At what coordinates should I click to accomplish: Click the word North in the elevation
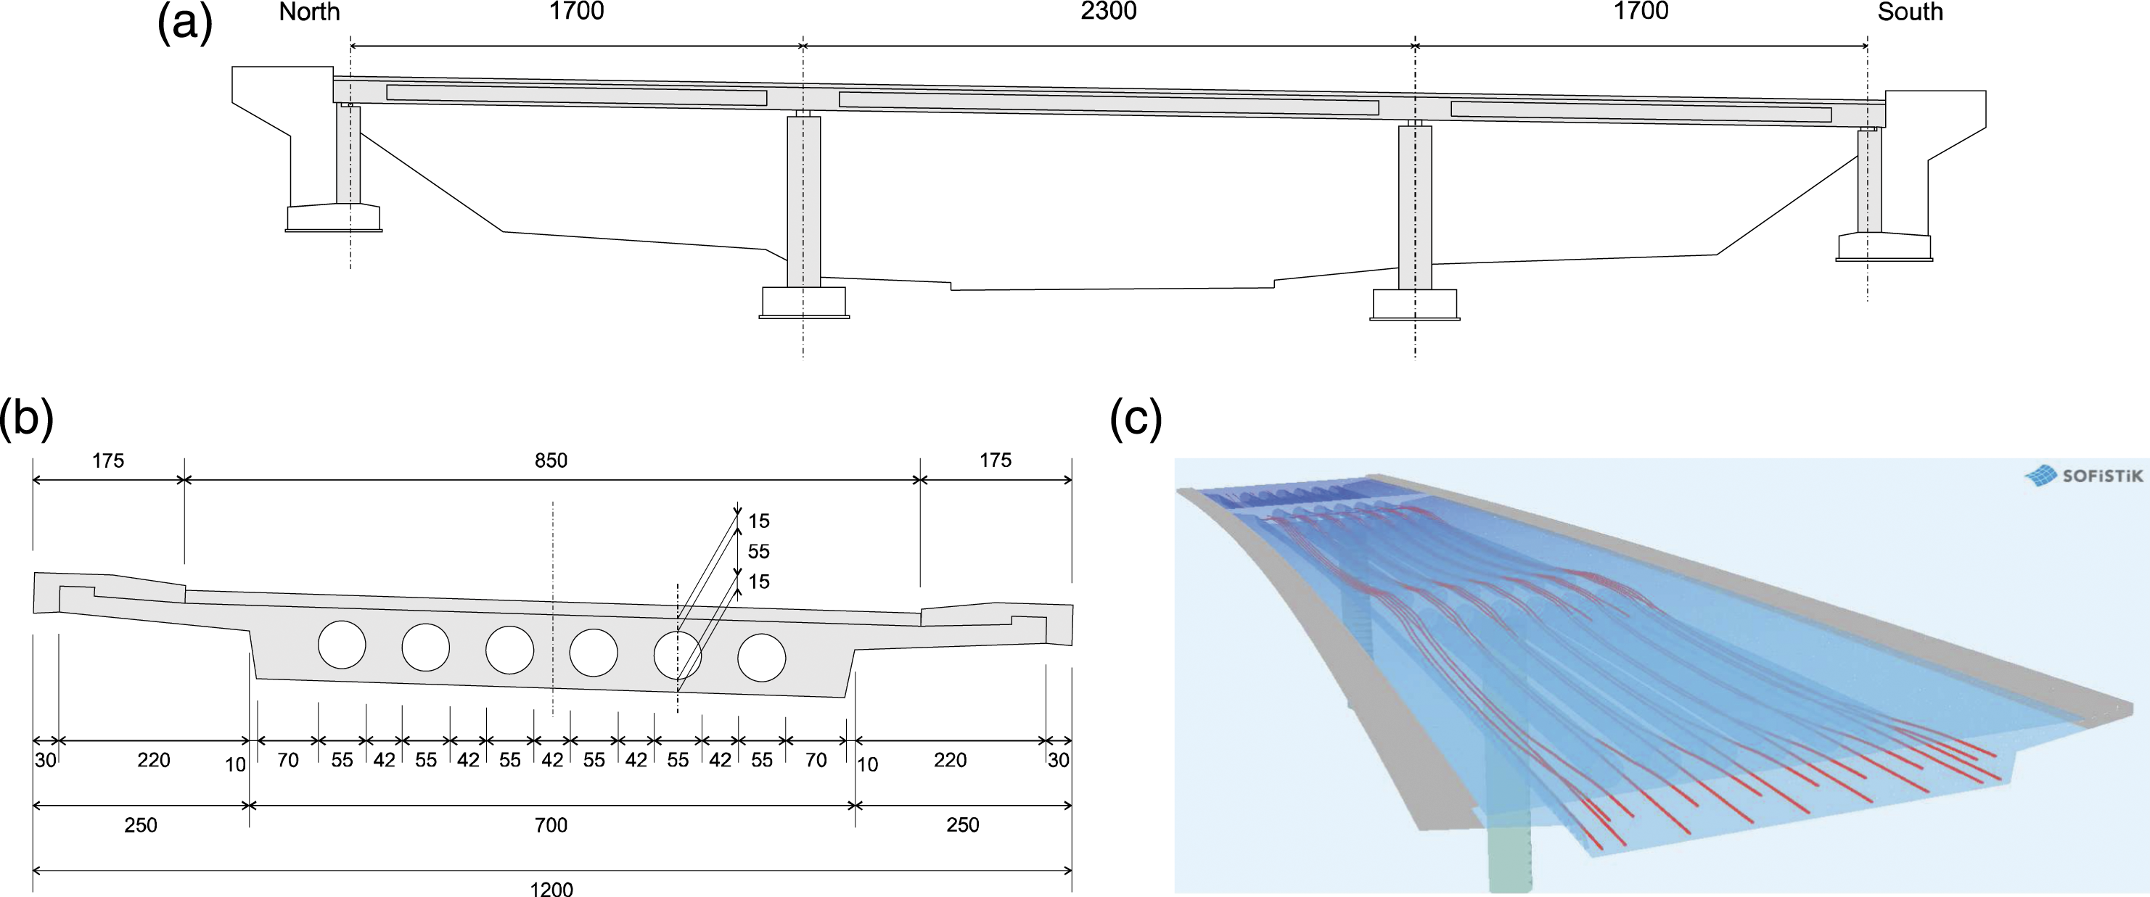310,12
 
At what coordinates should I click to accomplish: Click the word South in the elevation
1911,12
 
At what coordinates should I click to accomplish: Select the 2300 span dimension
1109,11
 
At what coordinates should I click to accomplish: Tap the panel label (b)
27,419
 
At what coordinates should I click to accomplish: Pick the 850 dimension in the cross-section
551,460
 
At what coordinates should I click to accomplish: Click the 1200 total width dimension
551,888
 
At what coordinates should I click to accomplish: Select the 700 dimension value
551,825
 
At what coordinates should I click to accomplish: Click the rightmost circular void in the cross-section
762,658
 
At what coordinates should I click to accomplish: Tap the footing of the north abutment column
334,218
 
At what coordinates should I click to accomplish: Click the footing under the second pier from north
804,302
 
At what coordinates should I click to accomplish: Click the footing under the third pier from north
1416,305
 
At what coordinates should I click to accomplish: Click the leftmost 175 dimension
109,460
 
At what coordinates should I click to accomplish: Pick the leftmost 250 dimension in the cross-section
141,825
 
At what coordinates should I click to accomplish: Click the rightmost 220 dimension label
950,760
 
